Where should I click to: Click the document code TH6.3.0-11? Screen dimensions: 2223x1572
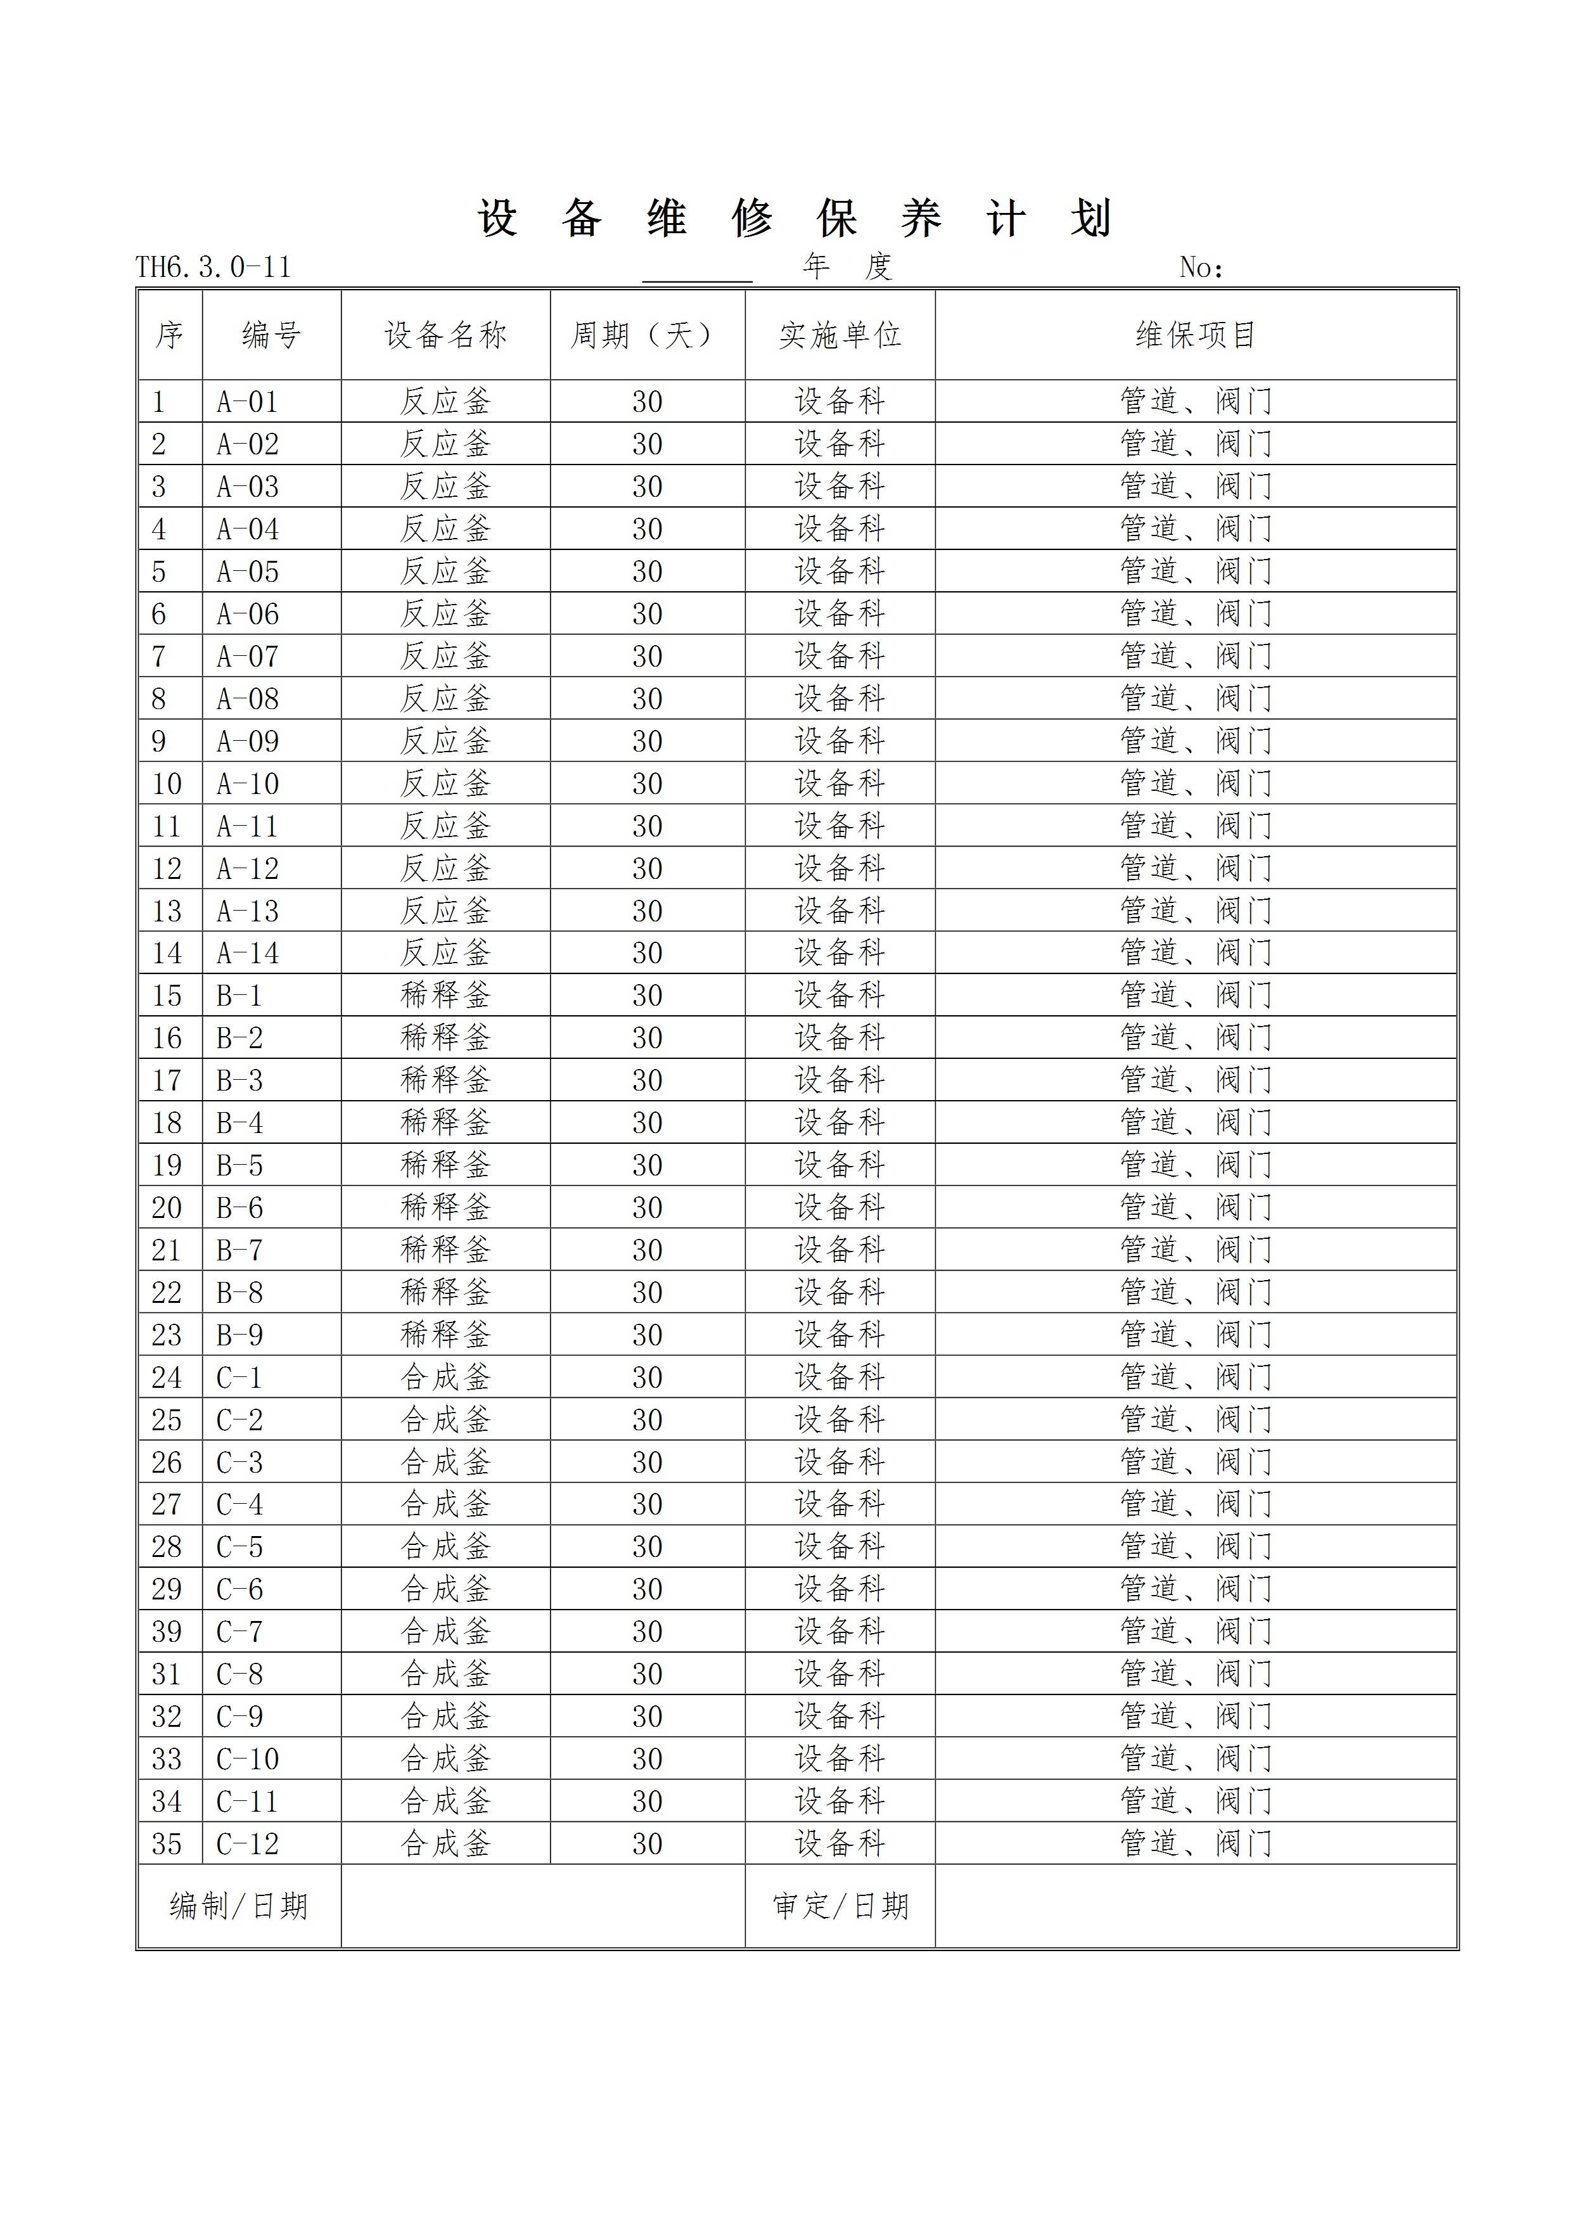click(213, 267)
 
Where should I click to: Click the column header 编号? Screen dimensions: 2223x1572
click(271, 335)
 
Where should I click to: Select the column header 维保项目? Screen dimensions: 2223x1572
click(1196, 335)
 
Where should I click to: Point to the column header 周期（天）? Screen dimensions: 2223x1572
click(647, 335)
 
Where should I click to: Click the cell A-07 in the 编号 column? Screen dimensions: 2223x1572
click(248, 657)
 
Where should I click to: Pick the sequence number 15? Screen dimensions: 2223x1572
click(167, 996)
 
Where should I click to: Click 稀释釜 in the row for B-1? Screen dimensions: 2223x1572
click(445, 996)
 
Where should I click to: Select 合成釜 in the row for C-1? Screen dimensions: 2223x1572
click(445, 1378)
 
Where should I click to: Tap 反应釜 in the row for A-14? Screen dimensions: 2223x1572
click(445, 952)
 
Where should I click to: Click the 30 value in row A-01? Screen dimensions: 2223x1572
click(647, 402)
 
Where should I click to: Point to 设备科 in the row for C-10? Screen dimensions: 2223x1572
click(840, 1759)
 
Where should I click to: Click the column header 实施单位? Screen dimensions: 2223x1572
click(840, 335)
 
